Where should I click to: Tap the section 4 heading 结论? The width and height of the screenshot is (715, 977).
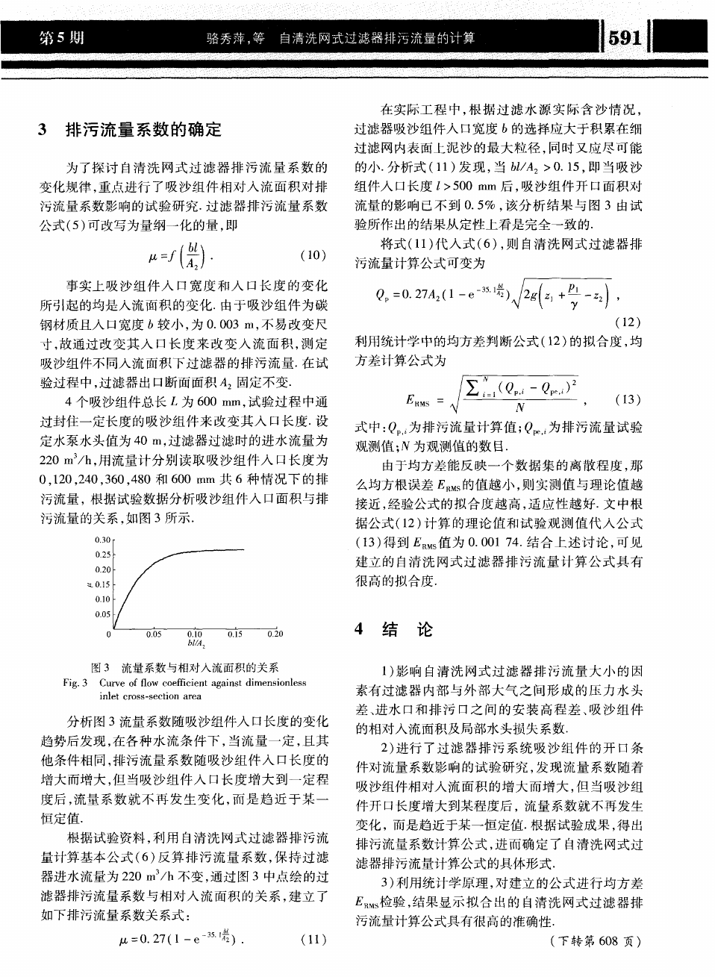[x=407, y=630]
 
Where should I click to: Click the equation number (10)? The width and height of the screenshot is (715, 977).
[x=312, y=255]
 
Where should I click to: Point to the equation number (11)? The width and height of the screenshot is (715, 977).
[x=312, y=939]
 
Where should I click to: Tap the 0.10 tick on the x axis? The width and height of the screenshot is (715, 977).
[x=194, y=634]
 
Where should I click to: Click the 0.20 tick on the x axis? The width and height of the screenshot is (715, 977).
[x=275, y=634]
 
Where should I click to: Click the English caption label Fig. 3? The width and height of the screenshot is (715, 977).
[x=76, y=682]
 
